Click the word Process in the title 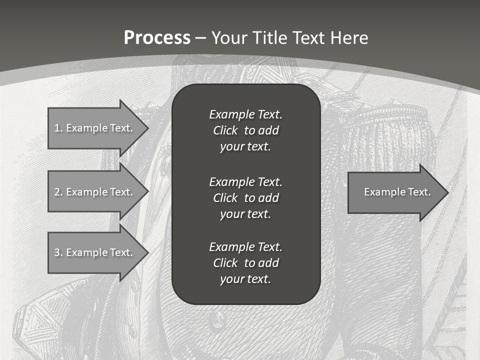click(157, 38)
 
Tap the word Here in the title click(349, 38)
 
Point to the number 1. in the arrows click(58, 128)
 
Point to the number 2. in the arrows click(58, 192)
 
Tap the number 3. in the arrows click(58, 252)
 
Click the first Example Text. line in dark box click(245, 114)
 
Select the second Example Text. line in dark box click(245, 181)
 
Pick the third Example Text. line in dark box click(245, 247)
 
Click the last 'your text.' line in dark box click(245, 279)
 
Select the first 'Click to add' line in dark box click(245, 131)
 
